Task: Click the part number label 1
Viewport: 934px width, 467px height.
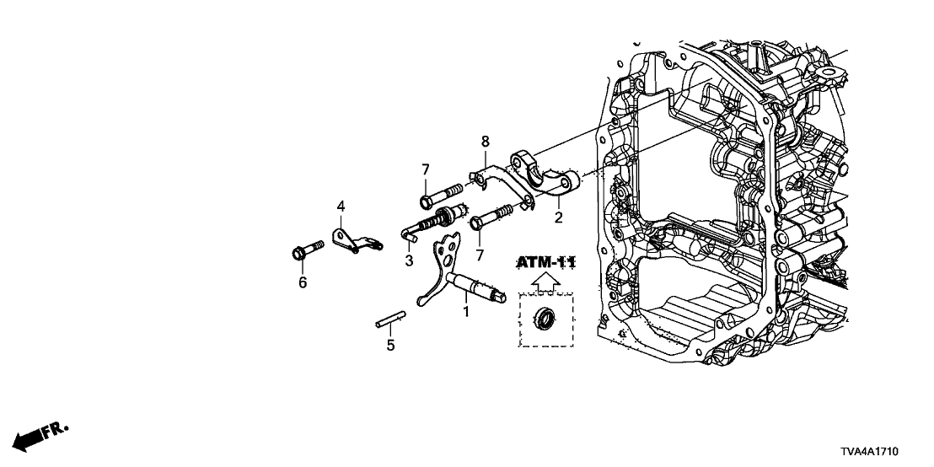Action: tap(464, 312)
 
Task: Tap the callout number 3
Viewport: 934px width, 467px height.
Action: tap(409, 262)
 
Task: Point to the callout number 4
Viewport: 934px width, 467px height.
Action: tap(341, 206)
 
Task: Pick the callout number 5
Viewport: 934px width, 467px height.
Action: tap(390, 345)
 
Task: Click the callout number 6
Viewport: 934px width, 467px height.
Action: tap(302, 283)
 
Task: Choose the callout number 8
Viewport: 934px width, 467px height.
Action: tap(486, 140)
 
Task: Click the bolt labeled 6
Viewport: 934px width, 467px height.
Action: tap(305, 251)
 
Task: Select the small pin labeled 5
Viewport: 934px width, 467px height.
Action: tap(391, 320)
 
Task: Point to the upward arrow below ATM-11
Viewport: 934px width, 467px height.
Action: tap(547, 281)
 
